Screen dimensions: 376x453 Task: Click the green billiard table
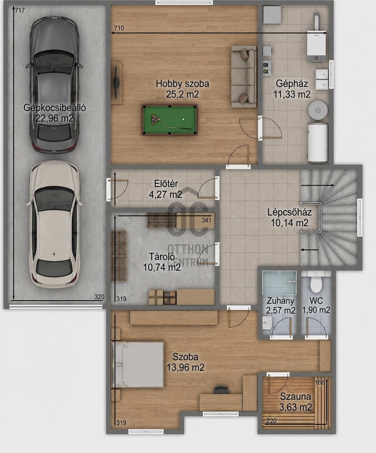click(x=169, y=120)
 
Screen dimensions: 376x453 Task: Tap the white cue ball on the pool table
click(x=184, y=119)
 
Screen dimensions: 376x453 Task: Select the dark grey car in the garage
click(x=54, y=85)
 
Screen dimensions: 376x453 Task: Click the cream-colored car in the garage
click(x=54, y=225)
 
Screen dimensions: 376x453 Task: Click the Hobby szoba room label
click(x=182, y=84)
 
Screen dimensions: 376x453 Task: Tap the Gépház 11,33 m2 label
click(x=292, y=89)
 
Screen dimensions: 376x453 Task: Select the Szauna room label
click(x=295, y=397)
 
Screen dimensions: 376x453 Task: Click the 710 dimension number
click(x=119, y=28)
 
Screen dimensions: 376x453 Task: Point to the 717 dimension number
click(x=20, y=10)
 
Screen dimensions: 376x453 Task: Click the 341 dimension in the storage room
click(x=206, y=221)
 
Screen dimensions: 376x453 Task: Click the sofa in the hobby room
click(x=244, y=77)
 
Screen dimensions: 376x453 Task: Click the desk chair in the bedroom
click(x=221, y=389)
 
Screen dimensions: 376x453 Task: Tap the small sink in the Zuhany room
click(x=267, y=323)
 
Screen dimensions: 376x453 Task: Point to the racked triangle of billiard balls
click(x=156, y=120)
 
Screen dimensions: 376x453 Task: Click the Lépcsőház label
click(x=289, y=212)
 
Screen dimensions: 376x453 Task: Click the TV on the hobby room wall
click(x=116, y=83)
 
